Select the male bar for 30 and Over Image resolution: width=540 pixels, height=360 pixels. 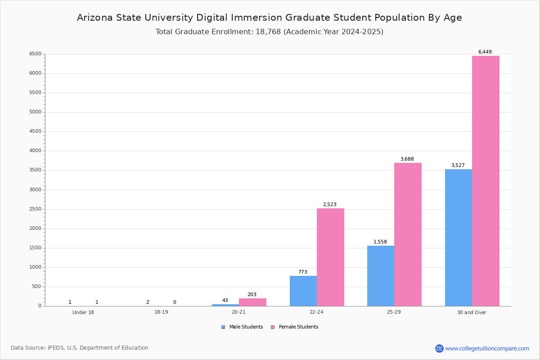[x=458, y=238]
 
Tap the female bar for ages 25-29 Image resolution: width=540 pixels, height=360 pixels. [x=408, y=234]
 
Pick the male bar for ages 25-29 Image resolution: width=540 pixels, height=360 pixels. [x=380, y=276]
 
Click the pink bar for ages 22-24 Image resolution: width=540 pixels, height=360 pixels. [x=330, y=257]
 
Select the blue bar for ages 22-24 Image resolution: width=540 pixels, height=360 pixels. [x=303, y=291]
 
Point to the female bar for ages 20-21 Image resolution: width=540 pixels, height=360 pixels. [x=252, y=302]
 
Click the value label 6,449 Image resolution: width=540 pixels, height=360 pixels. [x=485, y=52]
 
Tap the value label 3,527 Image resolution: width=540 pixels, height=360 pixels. [x=458, y=165]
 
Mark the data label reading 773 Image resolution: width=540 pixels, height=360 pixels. [x=302, y=272]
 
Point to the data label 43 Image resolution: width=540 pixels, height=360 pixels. [x=225, y=300]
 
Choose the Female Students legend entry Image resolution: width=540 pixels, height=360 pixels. [x=295, y=327]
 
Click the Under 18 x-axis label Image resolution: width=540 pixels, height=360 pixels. [x=83, y=312]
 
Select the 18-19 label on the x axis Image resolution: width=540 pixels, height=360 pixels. [x=161, y=312]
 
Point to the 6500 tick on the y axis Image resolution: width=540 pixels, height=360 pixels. [x=35, y=54]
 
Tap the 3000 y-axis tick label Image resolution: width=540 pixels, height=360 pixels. [x=35, y=190]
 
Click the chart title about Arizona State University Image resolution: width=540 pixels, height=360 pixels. [x=270, y=18]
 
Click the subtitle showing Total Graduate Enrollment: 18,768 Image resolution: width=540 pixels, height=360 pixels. [x=270, y=31]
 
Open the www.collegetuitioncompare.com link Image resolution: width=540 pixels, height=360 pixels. [x=487, y=348]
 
